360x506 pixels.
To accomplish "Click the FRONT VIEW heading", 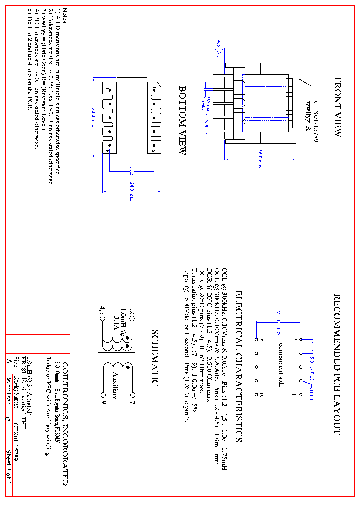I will coord(337,107).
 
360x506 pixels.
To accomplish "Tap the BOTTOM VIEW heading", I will coord(183,120).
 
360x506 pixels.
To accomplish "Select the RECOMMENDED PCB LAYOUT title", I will coord(337,364).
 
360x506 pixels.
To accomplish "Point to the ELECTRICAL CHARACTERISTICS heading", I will coord(239,366).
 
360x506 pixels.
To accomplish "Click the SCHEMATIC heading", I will coord(155,358).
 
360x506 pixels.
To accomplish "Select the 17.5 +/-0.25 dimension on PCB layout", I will coord(278,323).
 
